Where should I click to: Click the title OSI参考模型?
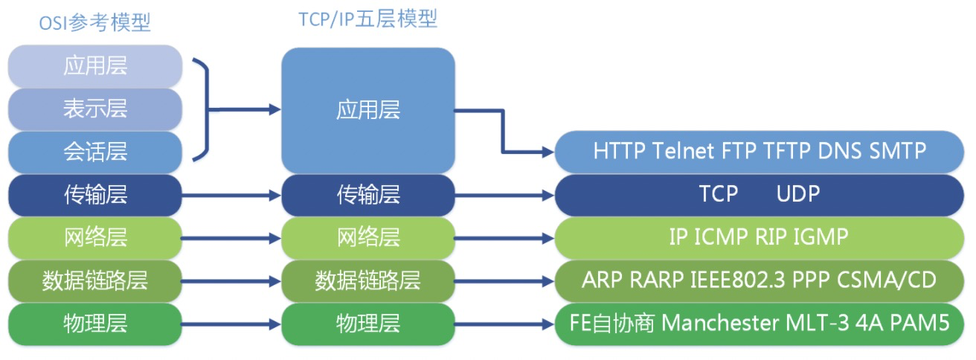[x=94, y=23]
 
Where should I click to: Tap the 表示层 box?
[x=95, y=109]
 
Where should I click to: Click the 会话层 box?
[x=95, y=152]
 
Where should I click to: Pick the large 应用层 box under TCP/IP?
[x=368, y=110]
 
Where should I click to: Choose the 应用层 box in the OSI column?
[x=95, y=65]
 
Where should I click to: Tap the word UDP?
[x=798, y=194]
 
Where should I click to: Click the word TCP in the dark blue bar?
[x=719, y=194]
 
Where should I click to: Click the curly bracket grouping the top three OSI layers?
[x=205, y=109]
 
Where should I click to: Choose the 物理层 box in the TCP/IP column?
[x=368, y=324]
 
